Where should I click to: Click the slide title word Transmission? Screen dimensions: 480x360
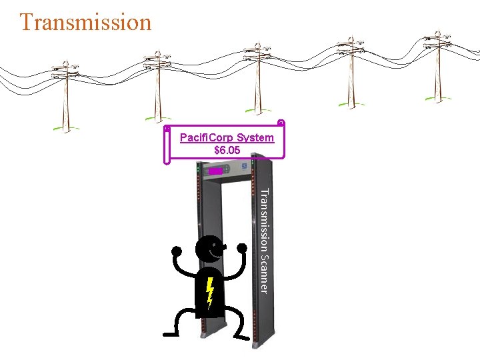pos(85,22)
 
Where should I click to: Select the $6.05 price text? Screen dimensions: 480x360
pos(227,151)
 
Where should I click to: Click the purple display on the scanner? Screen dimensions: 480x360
pos(215,171)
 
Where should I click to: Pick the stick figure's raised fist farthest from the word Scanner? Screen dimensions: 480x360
pos(177,251)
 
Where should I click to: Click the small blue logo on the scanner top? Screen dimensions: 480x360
pos(244,166)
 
